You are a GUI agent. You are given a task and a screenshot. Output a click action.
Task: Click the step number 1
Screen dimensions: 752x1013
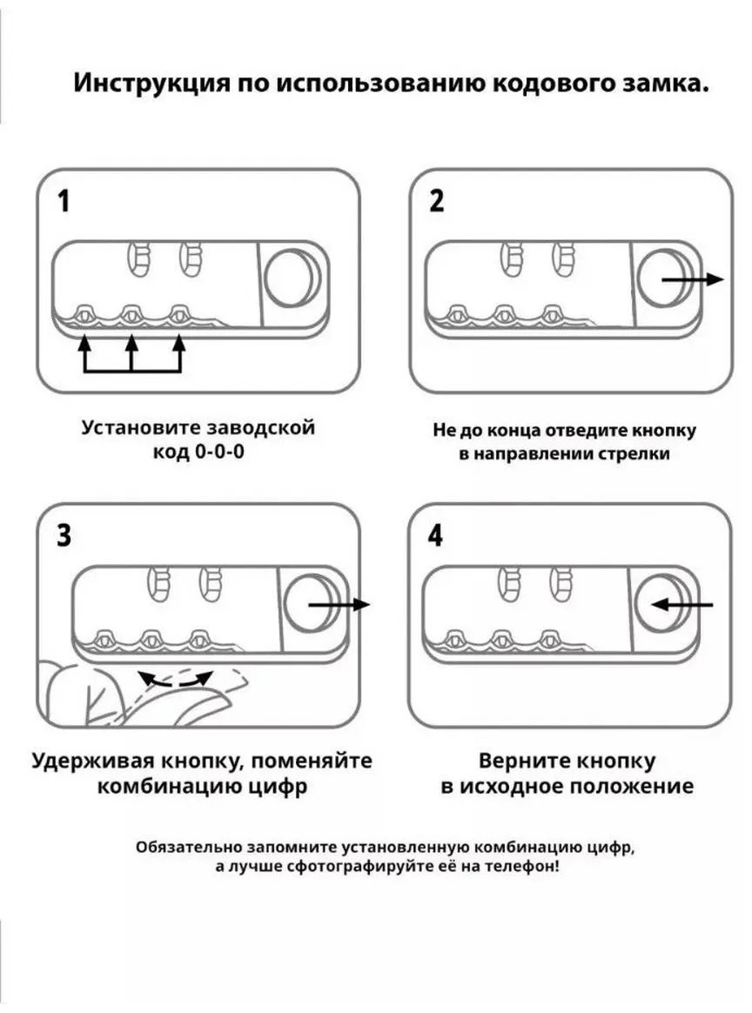pyautogui.click(x=64, y=201)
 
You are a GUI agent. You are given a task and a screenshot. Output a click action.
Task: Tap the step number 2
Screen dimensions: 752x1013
pyautogui.click(x=437, y=201)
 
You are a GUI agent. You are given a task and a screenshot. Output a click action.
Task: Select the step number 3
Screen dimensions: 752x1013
pyautogui.click(x=64, y=535)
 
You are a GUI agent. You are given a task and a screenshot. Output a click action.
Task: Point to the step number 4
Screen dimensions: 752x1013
pyautogui.click(x=436, y=535)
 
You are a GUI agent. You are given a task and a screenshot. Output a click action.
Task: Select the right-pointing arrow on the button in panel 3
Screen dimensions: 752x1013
pyautogui.click(x=339, y=605)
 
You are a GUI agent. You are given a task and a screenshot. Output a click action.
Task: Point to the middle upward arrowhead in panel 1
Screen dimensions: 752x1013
pyautogui.click(x=131, y=342)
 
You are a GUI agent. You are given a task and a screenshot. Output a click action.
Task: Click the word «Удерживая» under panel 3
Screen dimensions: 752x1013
pyautogui.click(x=93, y=761)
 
